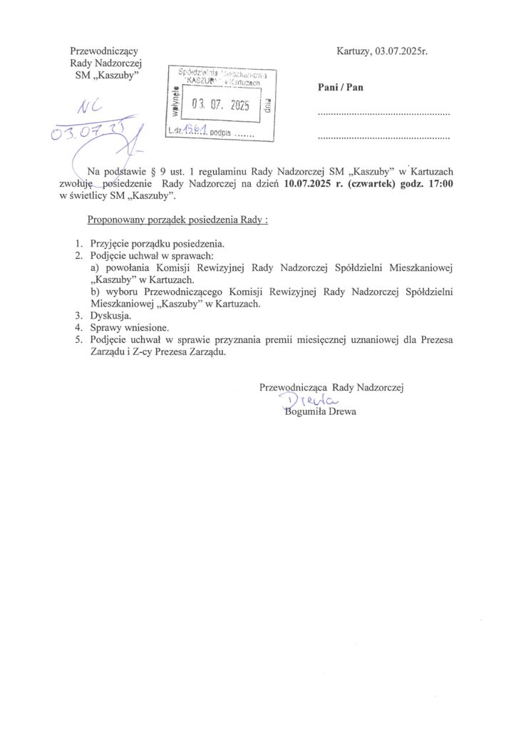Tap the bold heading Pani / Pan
tap(340, 87)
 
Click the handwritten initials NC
tap(90, 107)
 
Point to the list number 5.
tap(79, 340)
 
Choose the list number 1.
tap(79, 243)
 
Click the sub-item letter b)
tap(95, 291)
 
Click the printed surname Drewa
tap(341, 411)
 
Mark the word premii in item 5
tap(307, 340)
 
